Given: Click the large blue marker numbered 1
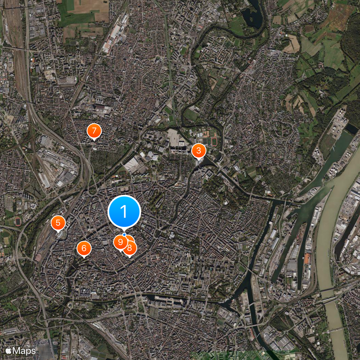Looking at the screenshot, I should coord(124,211).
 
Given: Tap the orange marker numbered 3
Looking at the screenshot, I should coord(198,151).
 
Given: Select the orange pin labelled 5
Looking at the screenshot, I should coord(58,223).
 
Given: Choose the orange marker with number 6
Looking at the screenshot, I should coord(84,248).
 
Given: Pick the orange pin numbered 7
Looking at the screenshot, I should coord(94,131).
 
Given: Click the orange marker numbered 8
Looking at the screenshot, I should coord(130,247).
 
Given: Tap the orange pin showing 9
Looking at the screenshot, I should coord(120,242).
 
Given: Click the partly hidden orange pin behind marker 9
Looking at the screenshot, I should coord(128,238).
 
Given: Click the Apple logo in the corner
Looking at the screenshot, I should coord(8,351).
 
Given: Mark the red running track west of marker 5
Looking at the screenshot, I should coord(18,222).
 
